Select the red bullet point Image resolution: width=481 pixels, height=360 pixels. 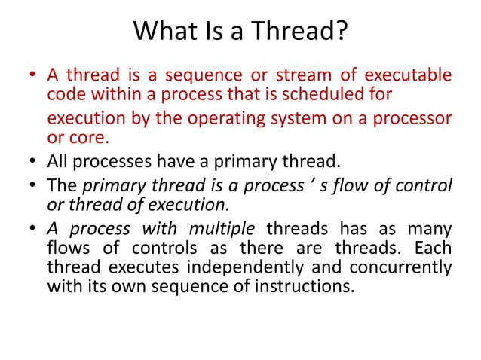33,76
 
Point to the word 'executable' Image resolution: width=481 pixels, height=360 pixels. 409,75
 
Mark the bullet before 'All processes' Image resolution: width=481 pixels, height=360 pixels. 33,161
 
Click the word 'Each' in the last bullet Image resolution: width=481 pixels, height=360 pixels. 436,248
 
